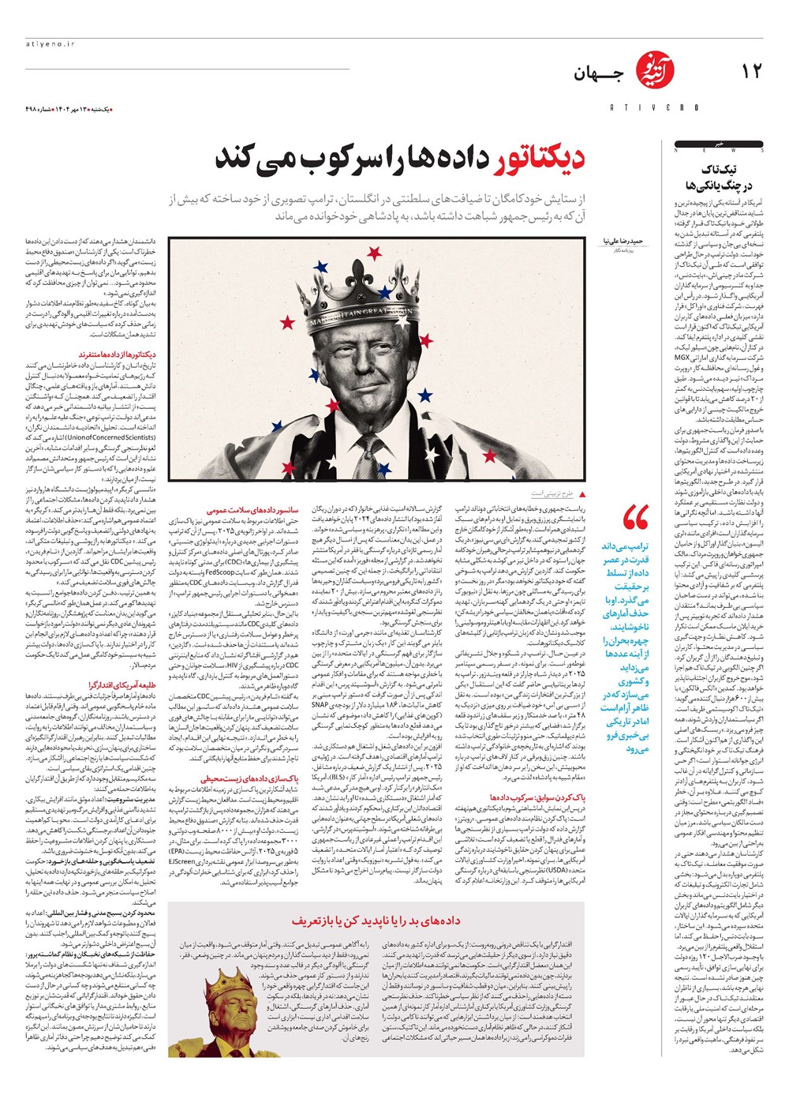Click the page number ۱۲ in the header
pos(751,72)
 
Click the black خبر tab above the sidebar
pos(718,144)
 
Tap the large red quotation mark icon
pos(634,519)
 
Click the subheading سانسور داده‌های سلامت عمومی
pos(252,511)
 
